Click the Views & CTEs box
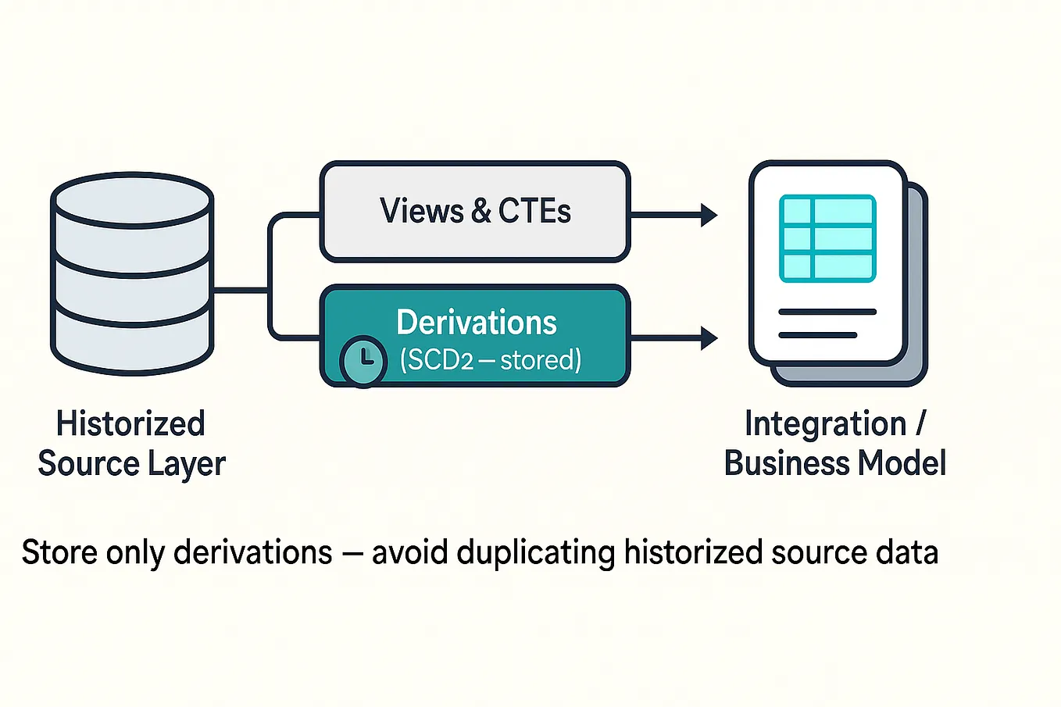(474, 211)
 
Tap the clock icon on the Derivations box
(363, 361)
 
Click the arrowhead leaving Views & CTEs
(709, 215)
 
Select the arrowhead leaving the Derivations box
(709, 337)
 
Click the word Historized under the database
(130, 424)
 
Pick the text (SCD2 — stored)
(491, 360)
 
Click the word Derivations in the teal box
(477, 323)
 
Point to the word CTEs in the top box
(534, 211)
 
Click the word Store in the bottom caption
(59, 553)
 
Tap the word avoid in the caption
(409, 553)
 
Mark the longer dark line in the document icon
(827, 312)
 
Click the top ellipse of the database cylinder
(132, 198)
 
